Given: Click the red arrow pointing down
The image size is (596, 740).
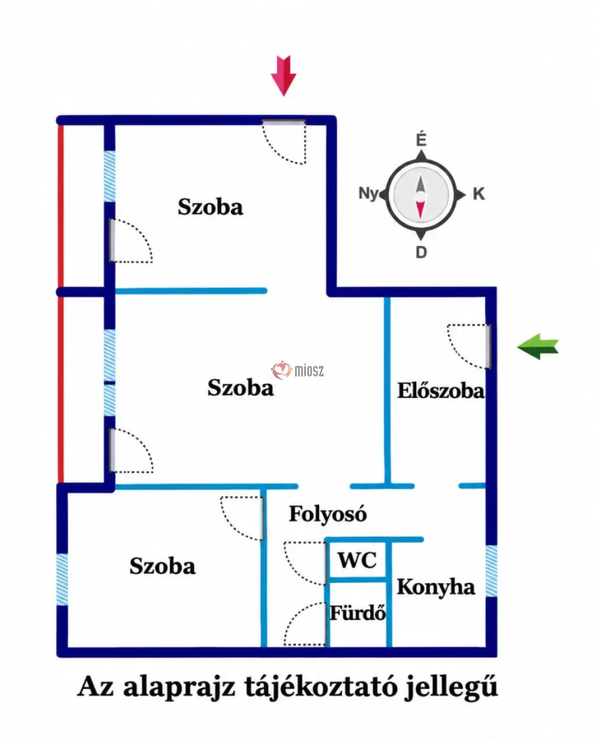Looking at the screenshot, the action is coord(284,76).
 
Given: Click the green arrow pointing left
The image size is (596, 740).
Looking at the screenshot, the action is coord(538,347).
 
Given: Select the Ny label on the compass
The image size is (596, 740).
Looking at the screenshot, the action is coord(368,193).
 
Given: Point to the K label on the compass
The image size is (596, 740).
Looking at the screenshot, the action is coord(479,194).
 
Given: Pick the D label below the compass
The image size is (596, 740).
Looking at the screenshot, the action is coord(421,253).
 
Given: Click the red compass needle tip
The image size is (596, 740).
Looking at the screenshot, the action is coord(420,217).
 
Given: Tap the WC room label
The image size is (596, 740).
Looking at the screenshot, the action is coord(357,560).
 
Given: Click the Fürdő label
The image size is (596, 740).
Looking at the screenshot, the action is coord(357,613).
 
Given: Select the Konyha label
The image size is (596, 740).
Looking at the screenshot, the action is coord(436,587).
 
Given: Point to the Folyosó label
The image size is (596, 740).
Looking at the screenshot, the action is coord(328,514).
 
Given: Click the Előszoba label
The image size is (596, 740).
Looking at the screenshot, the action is coord(440,391).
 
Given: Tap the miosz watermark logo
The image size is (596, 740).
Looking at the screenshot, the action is coord(297,370).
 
